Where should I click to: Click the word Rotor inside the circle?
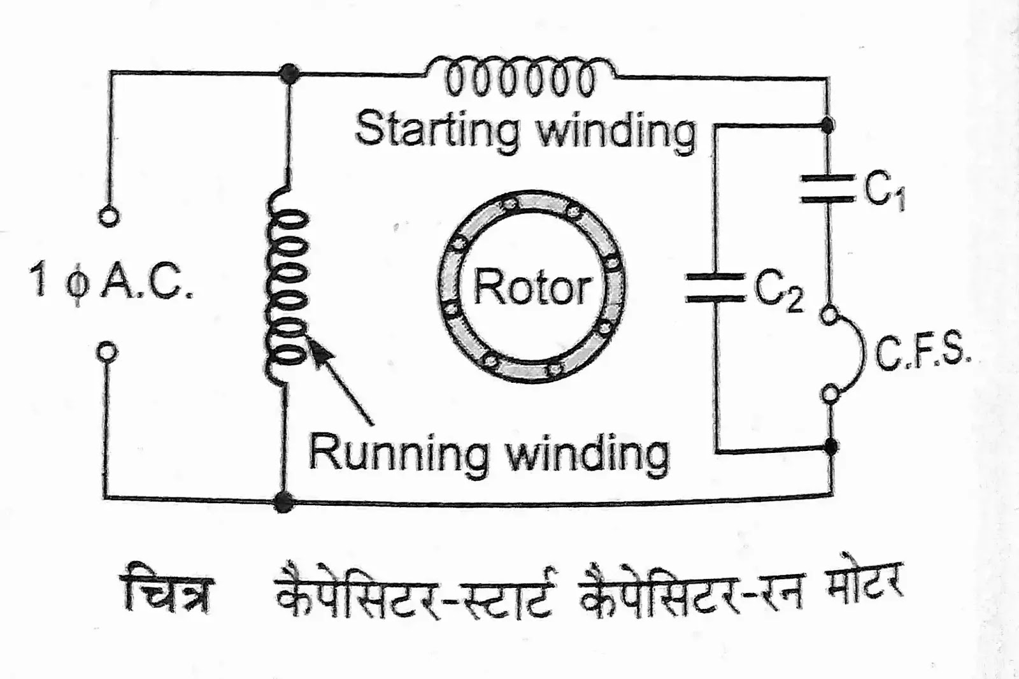pyautogui.click(x=532, y=289)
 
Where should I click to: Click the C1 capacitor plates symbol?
pyautogui.click(x=827, y=189)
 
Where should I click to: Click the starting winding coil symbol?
pyautogui.click(x=521, y=76)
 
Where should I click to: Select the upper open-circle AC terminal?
pyautogui.click(x=109, y=217)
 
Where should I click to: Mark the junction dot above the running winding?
pyautogui.click(x=290, y=74)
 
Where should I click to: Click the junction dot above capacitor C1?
pyautogui.click(x=827, y=125)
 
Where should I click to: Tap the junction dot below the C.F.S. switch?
pyautogui.click(x=830, y=446)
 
